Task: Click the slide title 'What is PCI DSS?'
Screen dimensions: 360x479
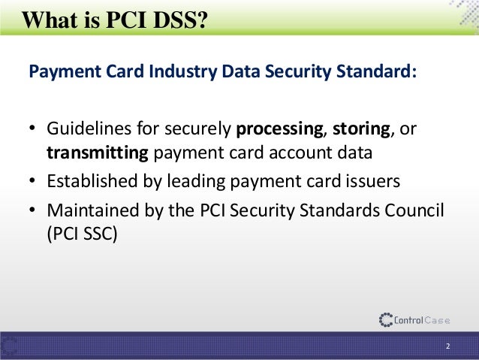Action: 113,15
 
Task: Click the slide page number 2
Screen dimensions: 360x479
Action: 447,346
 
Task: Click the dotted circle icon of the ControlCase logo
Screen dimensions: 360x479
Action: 386,320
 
